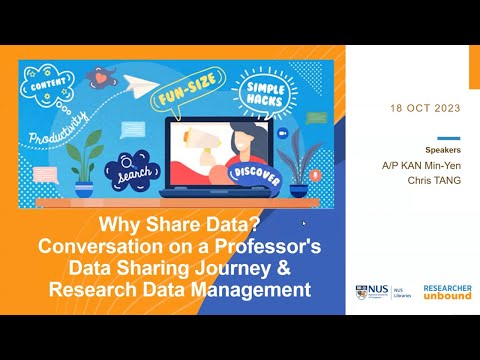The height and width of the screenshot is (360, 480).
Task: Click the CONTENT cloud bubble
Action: (x=51, y=84)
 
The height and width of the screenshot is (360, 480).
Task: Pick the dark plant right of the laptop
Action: (x=296, y=160)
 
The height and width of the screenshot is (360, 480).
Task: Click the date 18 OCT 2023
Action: (x=422, y=107)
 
